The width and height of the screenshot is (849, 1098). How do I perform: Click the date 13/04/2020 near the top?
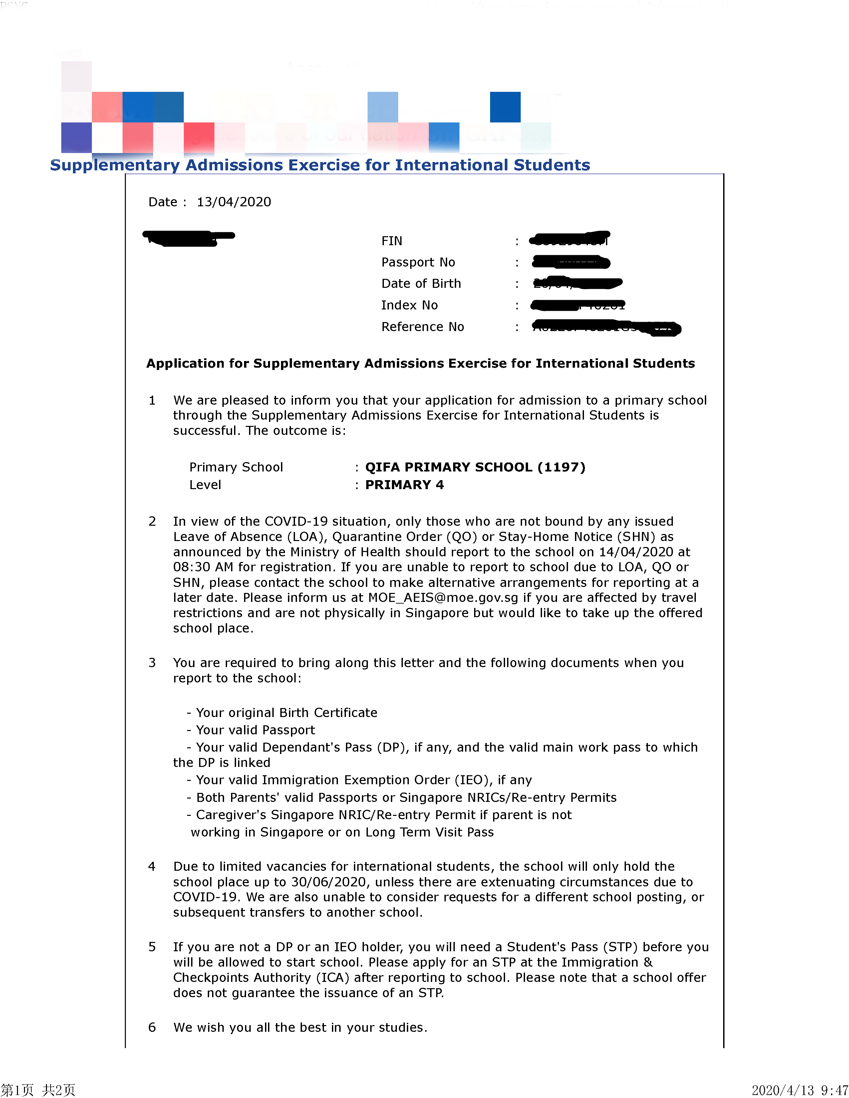tap(233, 202)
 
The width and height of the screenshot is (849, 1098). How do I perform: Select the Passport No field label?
tap(418, 263)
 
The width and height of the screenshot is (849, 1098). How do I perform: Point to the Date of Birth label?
tap(421, 283)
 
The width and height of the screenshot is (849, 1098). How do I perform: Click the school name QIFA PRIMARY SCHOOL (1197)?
tap(475, 467)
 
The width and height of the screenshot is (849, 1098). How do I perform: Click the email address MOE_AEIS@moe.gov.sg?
tap(442, 598)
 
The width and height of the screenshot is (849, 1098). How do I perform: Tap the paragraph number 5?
tap(152, 947)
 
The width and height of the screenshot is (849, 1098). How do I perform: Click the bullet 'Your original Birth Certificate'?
tap(286, 713)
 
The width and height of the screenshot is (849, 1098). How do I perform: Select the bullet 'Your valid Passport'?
tap(255, 730)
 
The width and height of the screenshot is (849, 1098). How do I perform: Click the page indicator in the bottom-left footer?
tap(38, 1090)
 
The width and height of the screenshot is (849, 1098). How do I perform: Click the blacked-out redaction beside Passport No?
tap(571, 263)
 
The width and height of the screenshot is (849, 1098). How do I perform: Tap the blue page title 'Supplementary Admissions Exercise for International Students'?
tap(320, 165)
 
